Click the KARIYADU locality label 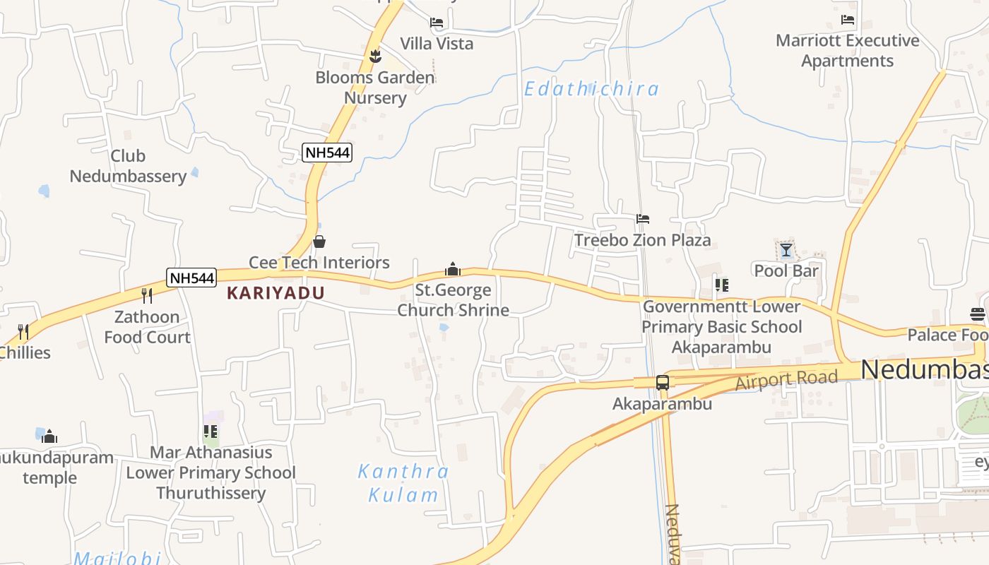click(x=276, y=292)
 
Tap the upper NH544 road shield click(x=327, y=152)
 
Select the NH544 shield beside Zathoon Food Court click(x=191, y=278)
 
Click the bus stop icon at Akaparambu click(x=663, y=383)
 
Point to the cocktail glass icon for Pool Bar click(x=786, y=250)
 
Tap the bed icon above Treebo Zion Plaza click(x=643, y=219)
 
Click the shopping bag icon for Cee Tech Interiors click(x=319, y=242)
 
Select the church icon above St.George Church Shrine click(x=453, y=269)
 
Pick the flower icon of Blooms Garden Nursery click(x=375, y=56)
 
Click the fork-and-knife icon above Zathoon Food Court click(x=147, y=295)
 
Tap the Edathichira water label click(x=591, y=89)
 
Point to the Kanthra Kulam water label click(x=403, y=482)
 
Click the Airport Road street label click(x=786, y=379)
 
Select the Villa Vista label click(x=437, y=43)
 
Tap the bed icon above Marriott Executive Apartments click(x=848, y=20)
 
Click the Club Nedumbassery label click(x=128, y=166)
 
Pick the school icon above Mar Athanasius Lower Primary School click(x=211, y=431)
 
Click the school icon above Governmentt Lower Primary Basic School click(x=721, y=285)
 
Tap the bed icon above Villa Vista click(x=437, y=23)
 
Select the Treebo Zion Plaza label click(x=642, y=240)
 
